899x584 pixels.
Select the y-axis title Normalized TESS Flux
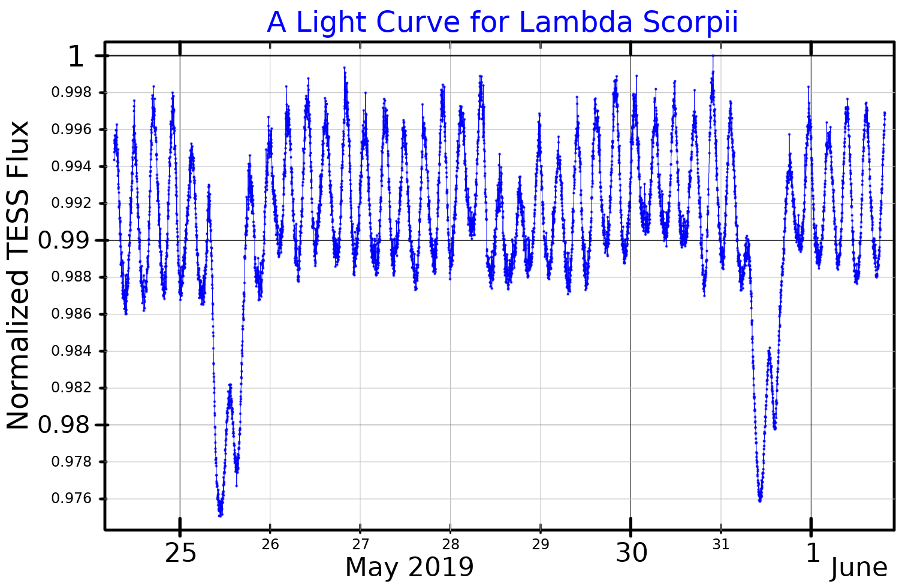coord(18,275)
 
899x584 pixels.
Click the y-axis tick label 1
coord(76,57)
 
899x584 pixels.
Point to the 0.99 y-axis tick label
coord(64,241)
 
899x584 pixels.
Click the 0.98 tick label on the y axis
coord(64,425)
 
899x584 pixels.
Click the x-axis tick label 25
coord(180,553)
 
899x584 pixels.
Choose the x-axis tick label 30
coord(631,553)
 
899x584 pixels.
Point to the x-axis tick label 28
coord(450,544)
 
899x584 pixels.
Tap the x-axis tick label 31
coord(721,544)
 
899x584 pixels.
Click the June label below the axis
coord(858,568)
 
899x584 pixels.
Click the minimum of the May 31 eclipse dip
coord(760,500)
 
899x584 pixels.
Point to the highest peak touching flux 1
coord(713,56)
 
